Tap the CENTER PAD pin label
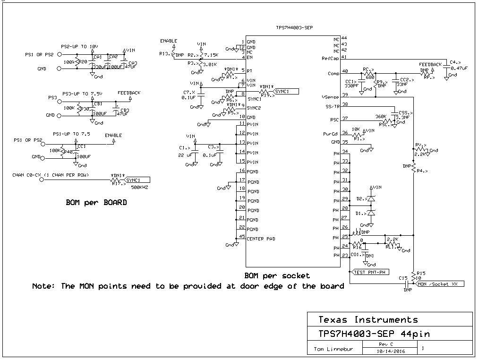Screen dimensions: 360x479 coord(261,239)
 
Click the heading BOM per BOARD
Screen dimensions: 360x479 coord(96,202)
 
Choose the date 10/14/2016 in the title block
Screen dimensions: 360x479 coord(390,351)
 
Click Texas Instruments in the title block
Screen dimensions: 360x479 coord(368,319)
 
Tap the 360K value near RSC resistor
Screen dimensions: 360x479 coord(381,116)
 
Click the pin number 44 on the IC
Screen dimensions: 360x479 coord(344,38)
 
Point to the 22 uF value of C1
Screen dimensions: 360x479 coord(186,155)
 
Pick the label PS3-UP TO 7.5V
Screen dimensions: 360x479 coord(83,94)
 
